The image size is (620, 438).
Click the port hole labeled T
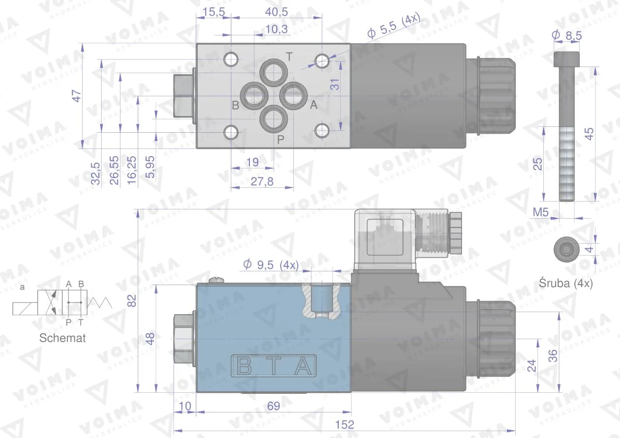pos(273,73)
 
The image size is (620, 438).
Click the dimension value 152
pos(346,425)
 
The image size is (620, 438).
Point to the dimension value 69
pos(274,406)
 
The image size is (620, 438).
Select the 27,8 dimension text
pos(262,181)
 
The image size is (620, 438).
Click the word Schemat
pos(62,338)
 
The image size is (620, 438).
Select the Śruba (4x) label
pos(566,283)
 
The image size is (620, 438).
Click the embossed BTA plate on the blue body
pos(274,366)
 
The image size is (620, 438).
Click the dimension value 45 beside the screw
pos(589,133)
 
